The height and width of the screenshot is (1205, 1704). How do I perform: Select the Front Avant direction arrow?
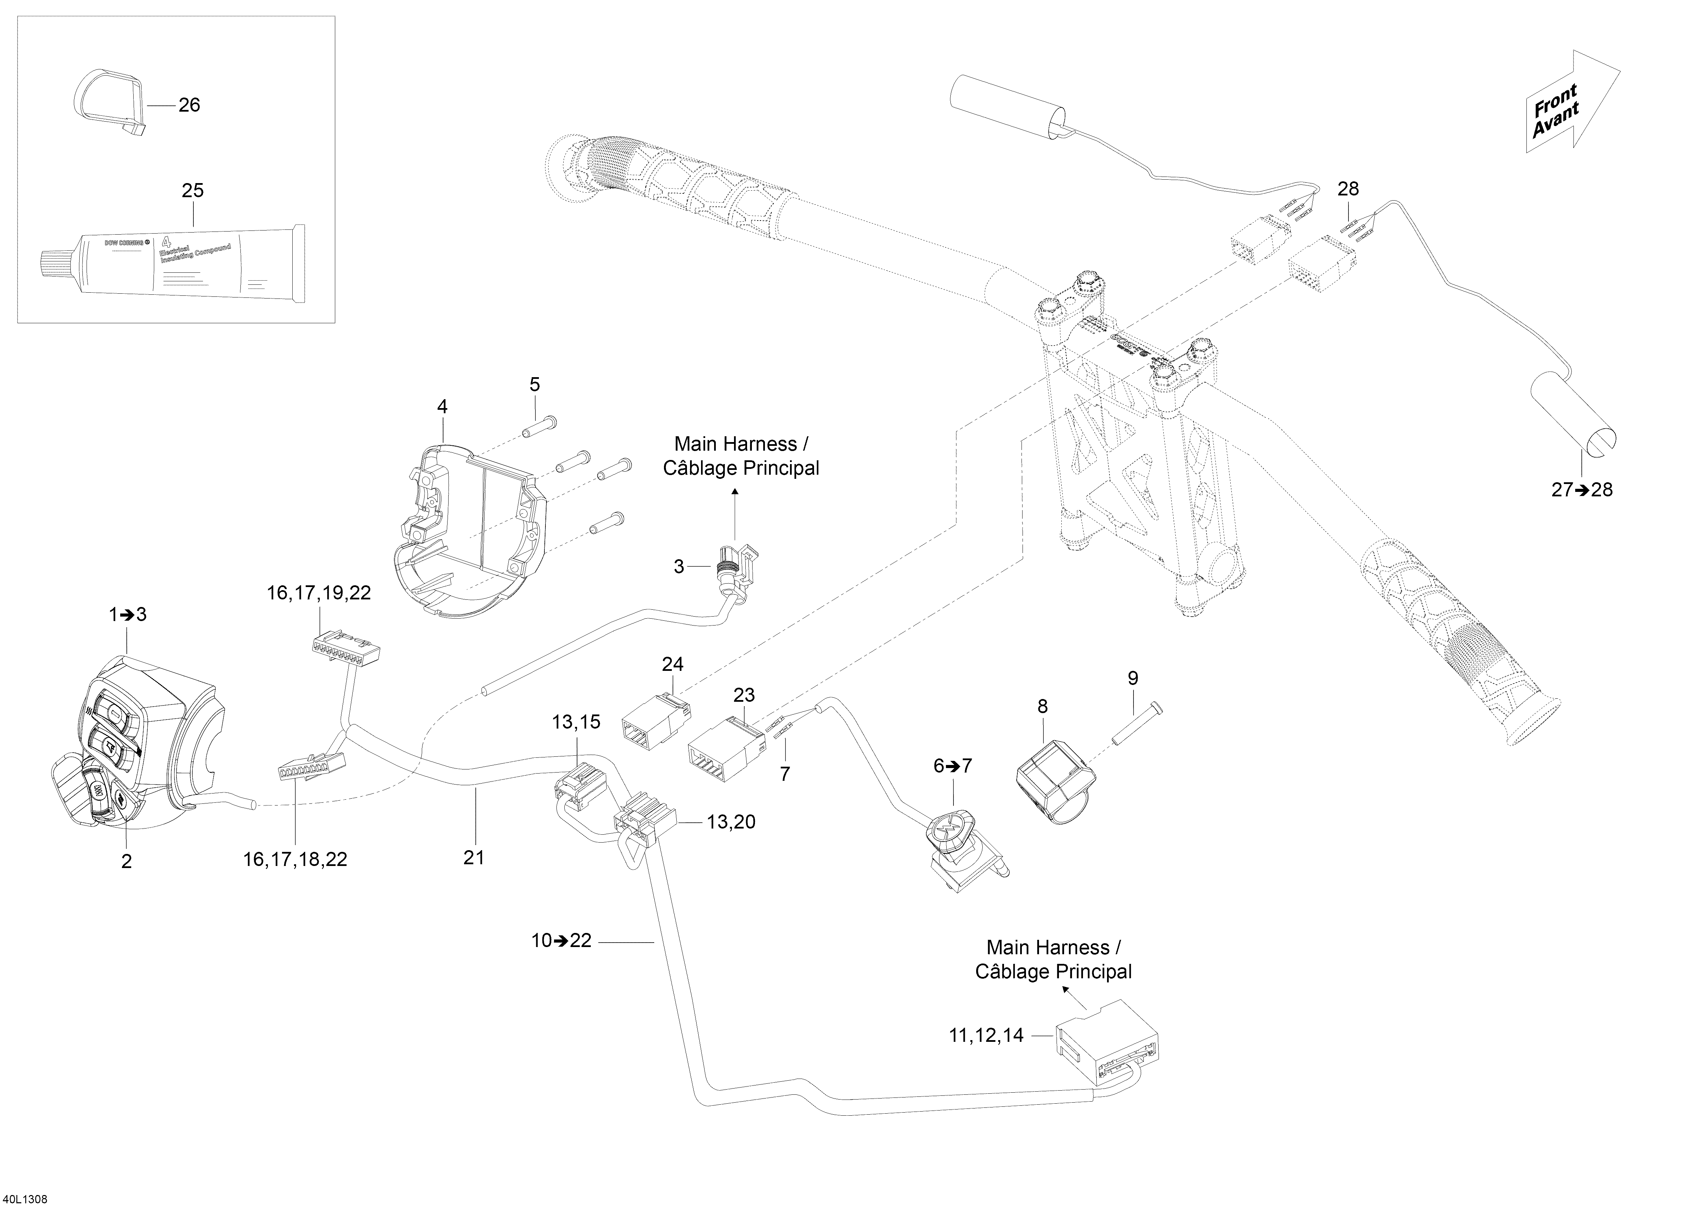click(x=1567, y=104)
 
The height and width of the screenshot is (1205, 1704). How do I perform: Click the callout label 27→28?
click(x=1581, y=490)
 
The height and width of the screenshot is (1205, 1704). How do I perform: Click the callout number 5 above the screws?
click(x=534, y=384)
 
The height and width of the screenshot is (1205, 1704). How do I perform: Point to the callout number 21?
click(x=474, y=857)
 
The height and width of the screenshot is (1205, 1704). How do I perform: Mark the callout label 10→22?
click(x=561, y=941)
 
